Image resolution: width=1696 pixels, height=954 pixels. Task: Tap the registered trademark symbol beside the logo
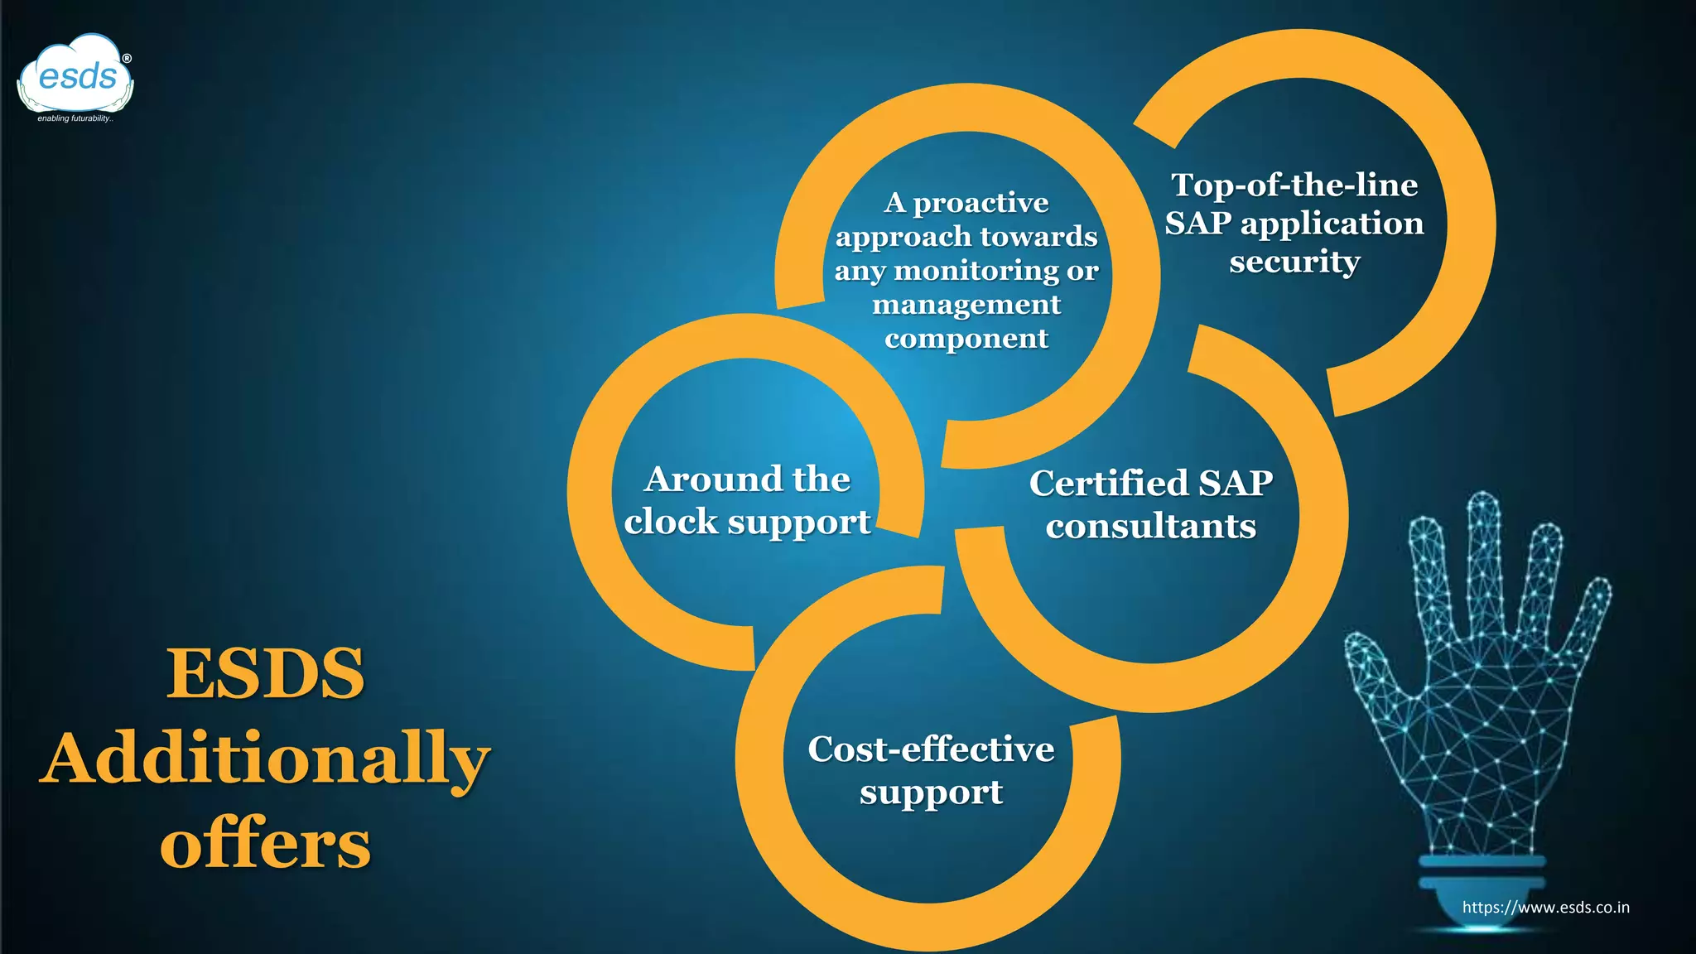pos(127,59)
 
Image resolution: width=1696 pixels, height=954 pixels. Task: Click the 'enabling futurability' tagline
pos(75,118)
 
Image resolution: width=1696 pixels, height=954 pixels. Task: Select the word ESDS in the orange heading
pos(265,673)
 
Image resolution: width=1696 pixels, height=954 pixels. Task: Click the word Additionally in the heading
pos(265,759)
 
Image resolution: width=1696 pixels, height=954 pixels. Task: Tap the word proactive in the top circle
pos(980,203)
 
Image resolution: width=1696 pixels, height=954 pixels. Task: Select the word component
pos(966,339)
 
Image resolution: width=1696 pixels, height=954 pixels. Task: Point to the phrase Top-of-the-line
pos(1294,185)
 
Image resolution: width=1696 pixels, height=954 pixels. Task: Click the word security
pos(1294,262)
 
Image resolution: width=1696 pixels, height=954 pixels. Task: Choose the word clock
pos(671,522)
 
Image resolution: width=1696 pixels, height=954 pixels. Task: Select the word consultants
pos(1151,526)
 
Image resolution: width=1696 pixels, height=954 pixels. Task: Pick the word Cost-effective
pos(931,749)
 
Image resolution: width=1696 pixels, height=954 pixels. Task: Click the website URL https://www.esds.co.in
pos(1545,907)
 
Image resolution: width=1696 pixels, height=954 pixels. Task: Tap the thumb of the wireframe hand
pos(1371,662)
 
